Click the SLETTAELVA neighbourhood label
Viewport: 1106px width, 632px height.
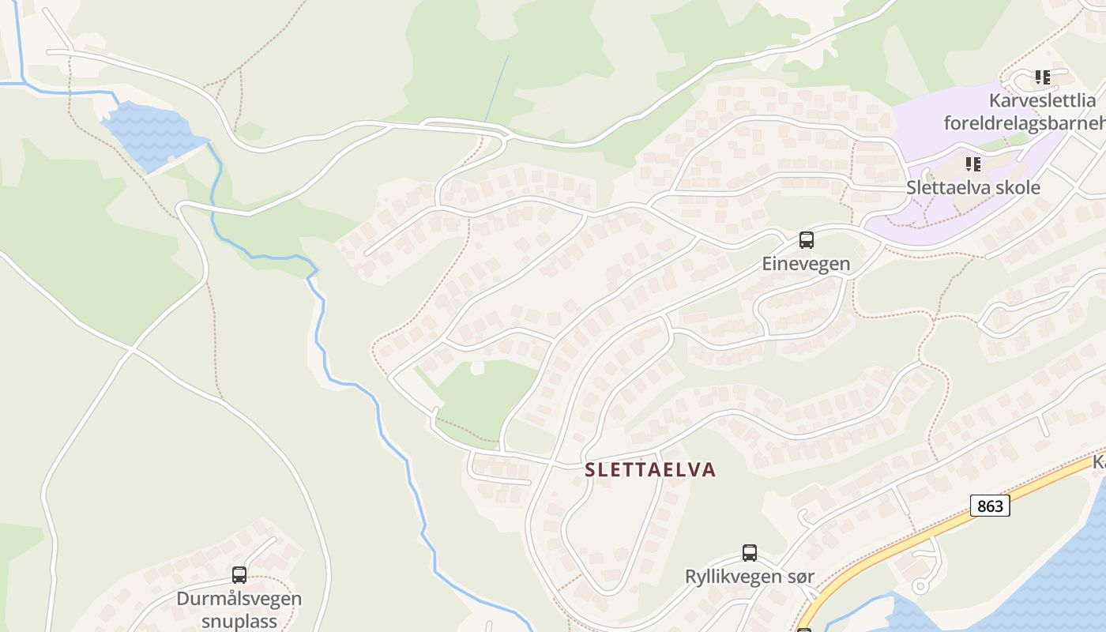[650, 470]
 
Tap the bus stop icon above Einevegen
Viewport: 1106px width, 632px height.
[806, 240]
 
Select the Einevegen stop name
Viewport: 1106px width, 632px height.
[806, 264]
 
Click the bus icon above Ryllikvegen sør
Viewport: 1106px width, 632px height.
[749, 553]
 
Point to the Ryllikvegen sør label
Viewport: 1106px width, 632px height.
[749, 577]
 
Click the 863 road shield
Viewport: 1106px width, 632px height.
[989, 506]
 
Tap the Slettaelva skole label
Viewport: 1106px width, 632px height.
[972, 188]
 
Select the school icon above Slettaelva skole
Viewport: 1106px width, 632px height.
[972, 164]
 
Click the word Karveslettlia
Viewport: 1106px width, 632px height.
[1043, 100]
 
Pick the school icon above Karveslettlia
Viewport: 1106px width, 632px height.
[1043, 77]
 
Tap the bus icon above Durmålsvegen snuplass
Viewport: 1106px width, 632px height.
[239, 575]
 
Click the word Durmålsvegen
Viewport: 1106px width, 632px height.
[239, 598]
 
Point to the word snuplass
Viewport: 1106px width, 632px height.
[239, 621]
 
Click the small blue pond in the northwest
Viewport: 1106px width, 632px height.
[150, 134]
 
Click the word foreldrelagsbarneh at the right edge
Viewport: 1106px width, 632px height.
[1025, 123]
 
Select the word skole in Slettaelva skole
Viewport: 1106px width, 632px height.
[1017, 188]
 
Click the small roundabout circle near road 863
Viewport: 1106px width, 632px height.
[920, 586]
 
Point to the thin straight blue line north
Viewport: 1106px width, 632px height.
[497, 87]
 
